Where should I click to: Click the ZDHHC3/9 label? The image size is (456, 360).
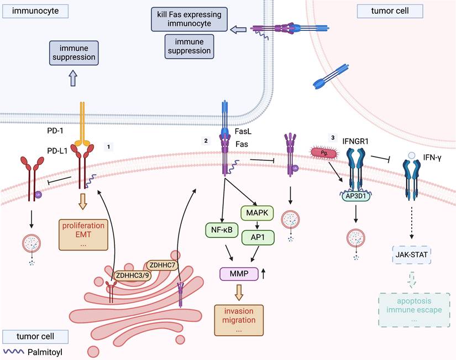pos(132,274)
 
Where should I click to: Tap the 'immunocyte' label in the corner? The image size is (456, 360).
pos(34,11)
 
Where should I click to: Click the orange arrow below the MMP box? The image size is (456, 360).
pos(238,292)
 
